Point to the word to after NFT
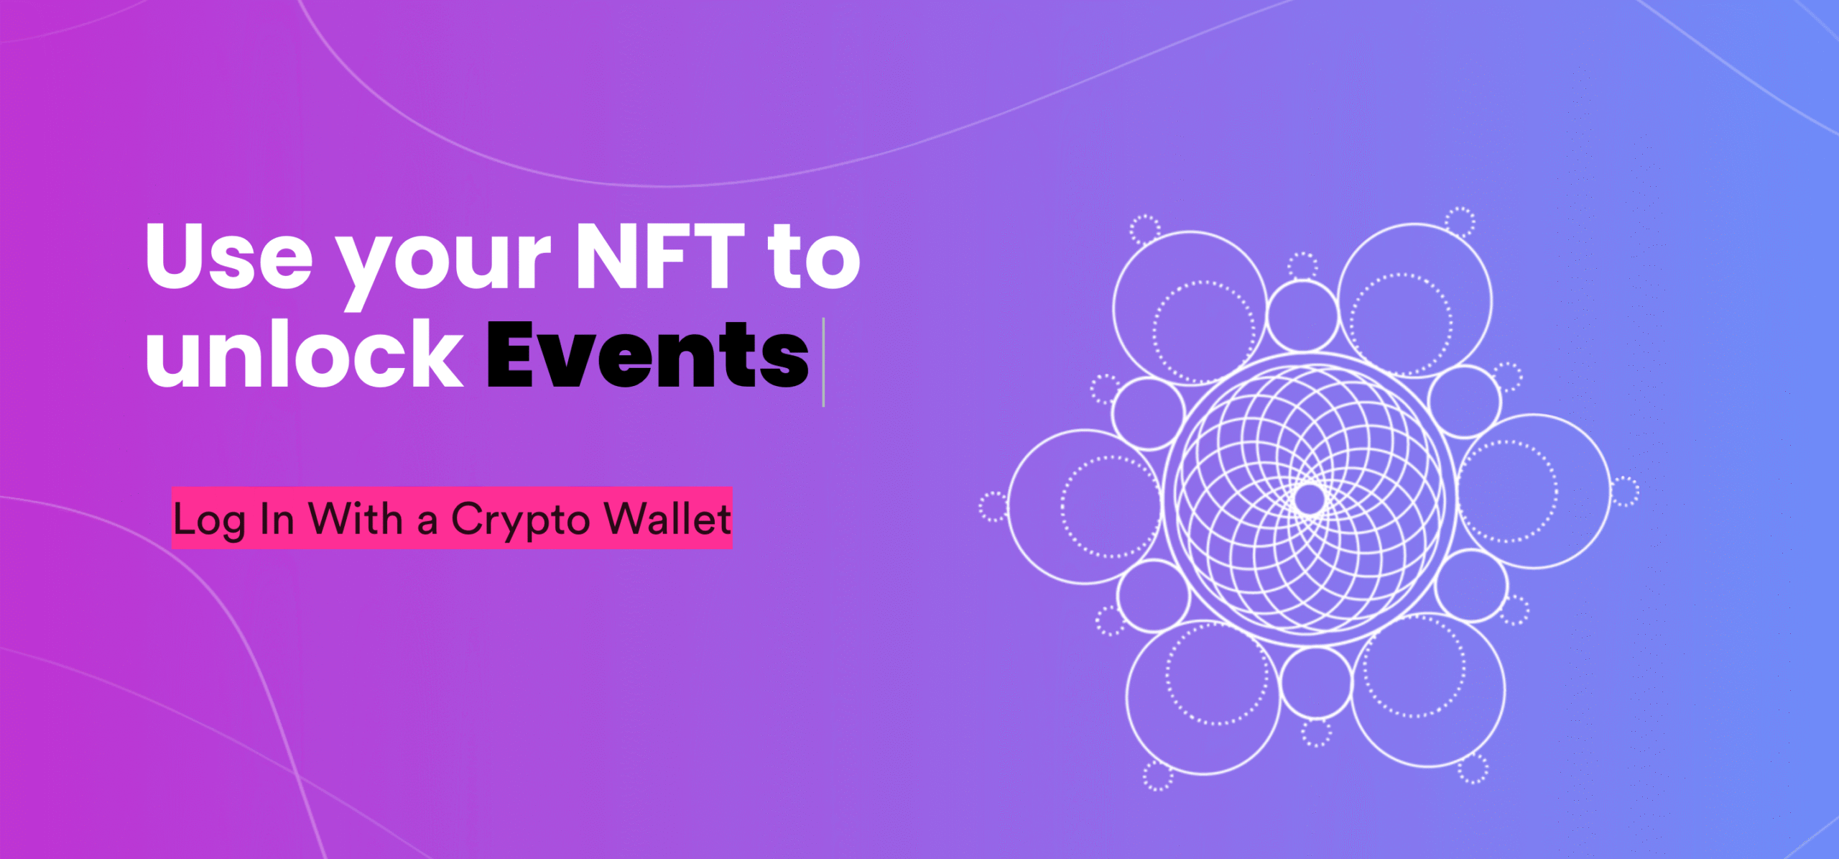[813, 257]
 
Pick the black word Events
[647, 354]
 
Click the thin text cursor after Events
[823, 362]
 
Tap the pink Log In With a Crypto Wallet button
[452, 518]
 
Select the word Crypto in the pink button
[520, 520]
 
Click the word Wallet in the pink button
[667, 518]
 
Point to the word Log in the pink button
[208, 520]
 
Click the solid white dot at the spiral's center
[1309, 498]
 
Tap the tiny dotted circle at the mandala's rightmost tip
[1625, 492]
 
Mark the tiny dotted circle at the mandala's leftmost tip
[993, 506]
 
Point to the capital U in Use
[177, 255]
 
